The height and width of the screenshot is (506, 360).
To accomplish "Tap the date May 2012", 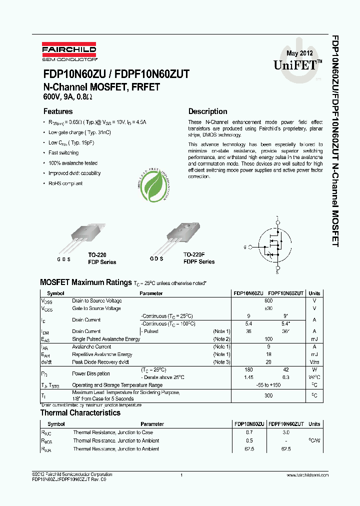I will coord(299,53).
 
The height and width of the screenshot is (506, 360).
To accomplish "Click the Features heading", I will coord(58,111).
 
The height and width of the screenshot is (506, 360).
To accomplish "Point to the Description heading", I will coord(207,111).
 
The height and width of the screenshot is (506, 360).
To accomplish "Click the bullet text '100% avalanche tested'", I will coord(73,163).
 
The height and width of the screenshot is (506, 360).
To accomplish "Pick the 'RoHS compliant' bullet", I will coord(65,183).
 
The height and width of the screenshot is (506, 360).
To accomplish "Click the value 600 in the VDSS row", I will coord(268,301).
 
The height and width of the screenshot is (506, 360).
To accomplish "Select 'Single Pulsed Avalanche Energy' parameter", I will coord(106,339).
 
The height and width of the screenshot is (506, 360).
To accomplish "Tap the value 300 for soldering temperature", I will coord(268,395).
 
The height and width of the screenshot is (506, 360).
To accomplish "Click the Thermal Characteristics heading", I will coord(80,413).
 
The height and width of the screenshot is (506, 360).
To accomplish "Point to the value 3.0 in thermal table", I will coord(286,432).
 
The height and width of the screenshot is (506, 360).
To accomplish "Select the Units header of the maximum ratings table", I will coord(314,293).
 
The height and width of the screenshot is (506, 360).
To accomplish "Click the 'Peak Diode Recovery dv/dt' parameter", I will coord(100,361).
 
